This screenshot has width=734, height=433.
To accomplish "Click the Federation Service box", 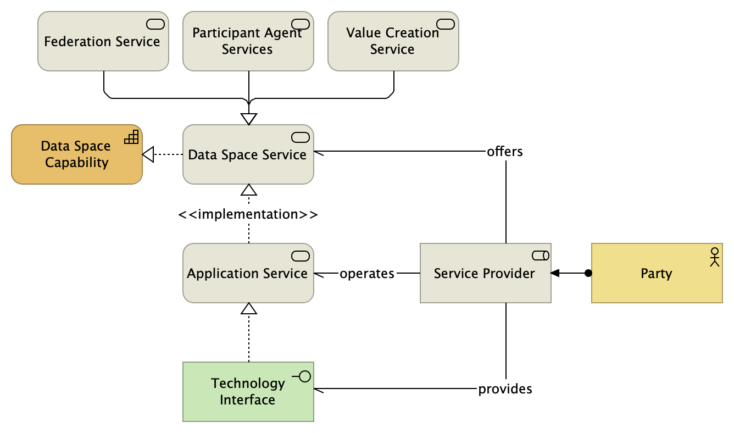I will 103,41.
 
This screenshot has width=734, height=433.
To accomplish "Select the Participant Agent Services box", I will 248,41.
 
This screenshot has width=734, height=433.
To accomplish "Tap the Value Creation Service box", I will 393,41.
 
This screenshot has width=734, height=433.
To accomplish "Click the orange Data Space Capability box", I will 76,154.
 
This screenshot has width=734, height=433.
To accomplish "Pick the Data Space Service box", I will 248,154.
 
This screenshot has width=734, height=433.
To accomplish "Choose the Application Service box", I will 248,273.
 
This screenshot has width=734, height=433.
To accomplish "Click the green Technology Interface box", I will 248,391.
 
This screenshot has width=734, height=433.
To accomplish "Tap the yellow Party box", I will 657,273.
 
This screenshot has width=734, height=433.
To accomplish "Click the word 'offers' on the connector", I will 505,151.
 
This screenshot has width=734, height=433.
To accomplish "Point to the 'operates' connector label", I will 367,273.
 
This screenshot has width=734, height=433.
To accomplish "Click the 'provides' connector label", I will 505,389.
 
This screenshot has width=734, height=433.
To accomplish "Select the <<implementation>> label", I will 248,214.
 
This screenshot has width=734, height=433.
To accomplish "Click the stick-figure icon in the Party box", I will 714,257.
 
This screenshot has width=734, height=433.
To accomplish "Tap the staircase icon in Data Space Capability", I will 131,137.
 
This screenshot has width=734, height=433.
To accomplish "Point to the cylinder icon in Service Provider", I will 541,255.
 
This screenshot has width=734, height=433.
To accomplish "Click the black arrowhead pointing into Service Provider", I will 555,273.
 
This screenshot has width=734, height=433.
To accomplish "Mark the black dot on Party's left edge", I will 588,273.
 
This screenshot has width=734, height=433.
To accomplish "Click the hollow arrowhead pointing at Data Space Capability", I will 147,155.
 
